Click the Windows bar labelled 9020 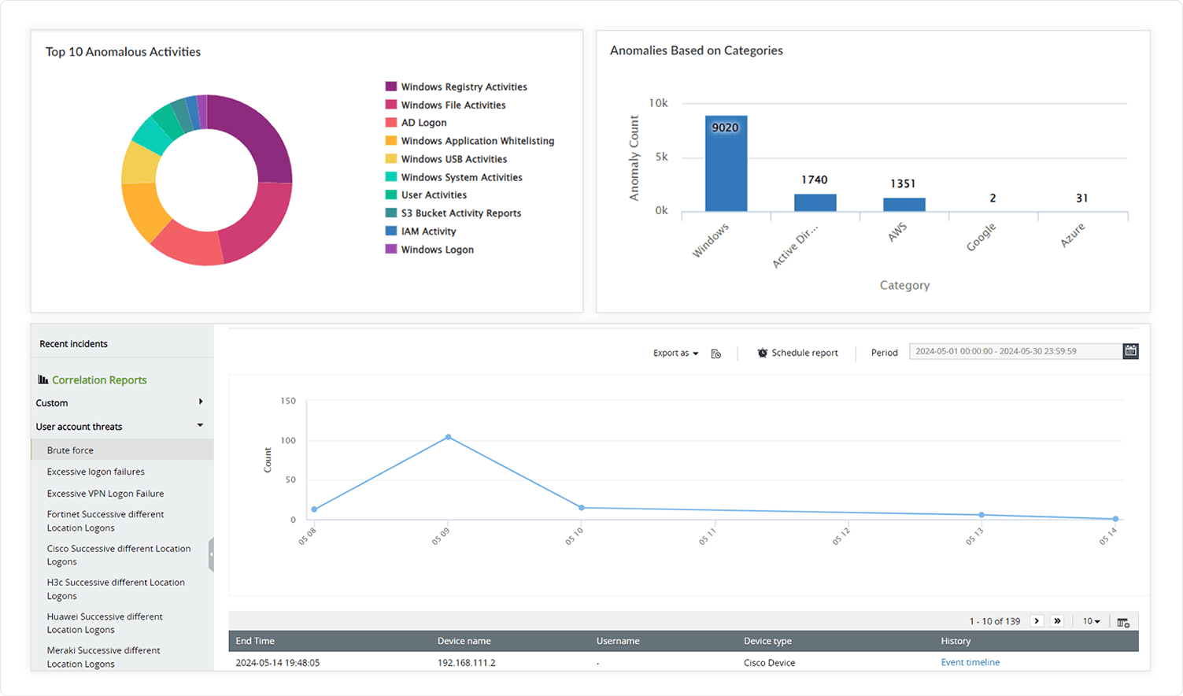point(726,164)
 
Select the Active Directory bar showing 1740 point(815,202)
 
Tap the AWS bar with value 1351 point(904,205)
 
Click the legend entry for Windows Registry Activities point(464,87)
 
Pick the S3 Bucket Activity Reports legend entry point(460,213)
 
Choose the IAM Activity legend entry point(428,231)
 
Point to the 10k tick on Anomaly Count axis point(658,103)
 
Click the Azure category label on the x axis point(1072,235)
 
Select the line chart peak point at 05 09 point(448,437)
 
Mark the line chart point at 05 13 point(981,515)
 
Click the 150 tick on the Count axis point(288,401)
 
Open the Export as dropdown point(675,353)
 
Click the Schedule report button point(797,353)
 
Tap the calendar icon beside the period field point(1130,351)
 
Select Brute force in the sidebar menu point(70,450)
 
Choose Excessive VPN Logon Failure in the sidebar point(105,494)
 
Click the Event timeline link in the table point(970,662)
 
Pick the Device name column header point(464,641)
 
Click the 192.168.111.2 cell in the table point(466,662)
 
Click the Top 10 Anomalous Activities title point(123,52)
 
